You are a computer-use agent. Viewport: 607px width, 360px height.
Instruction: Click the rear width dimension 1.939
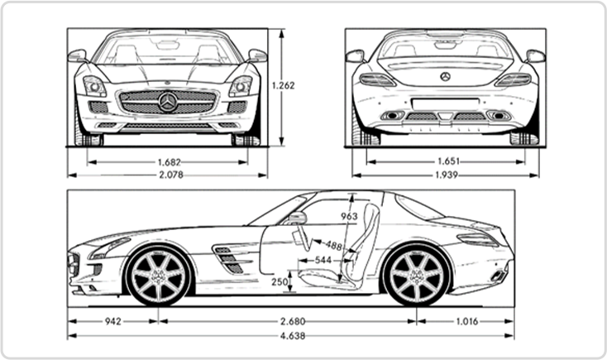[x=446, y=175]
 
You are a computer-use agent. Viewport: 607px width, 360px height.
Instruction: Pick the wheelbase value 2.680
[x=287, y=320]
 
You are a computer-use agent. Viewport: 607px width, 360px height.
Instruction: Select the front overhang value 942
[x=114, y=320]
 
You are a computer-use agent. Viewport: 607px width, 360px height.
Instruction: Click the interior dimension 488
[x=333, y=246]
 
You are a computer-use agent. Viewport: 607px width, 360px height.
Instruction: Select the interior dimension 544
[x=323, y=259]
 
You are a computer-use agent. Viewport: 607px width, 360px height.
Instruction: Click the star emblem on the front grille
[x=168, y=102]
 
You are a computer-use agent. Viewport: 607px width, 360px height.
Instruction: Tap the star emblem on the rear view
[x=446, y=76]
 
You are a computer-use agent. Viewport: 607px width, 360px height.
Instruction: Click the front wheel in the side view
[x=157, y=275]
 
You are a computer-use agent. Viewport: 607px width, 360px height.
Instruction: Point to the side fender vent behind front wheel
[x=229, y=260]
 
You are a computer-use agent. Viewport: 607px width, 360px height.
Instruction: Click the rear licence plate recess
[x=446, y=103]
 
